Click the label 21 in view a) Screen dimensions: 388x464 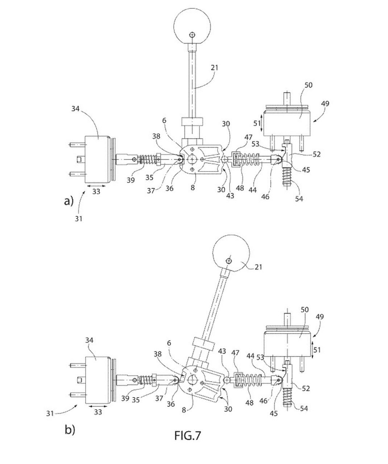tap(214, 67)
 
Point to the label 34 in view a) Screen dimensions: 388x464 tap(75, 109)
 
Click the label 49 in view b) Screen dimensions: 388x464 tap(319, 317)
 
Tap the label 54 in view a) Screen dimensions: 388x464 tap(299, 199)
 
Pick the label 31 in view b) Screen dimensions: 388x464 tap(50, 414)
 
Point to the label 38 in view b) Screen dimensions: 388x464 tap(157, 354)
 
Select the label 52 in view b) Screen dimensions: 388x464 tap(306, 389)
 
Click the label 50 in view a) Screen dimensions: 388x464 tap(308, 85)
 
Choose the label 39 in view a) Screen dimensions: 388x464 tap(131, 180)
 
